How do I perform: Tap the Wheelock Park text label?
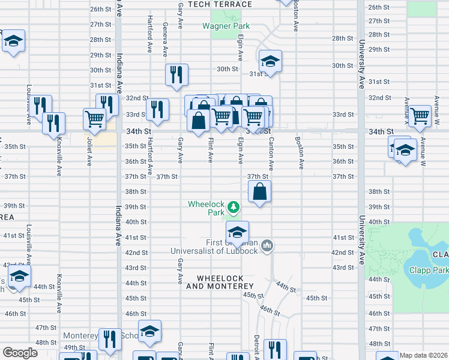pyautogui.click(x=206, y=208)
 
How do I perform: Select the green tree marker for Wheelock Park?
pyautogui.click(x=234, y=208)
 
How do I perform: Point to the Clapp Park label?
pyautogui.click(x=429, y=270)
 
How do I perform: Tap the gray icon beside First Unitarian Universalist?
pyautogui.click(x=268, y=245)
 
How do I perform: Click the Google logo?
pyautogui.click(x=19, y=353)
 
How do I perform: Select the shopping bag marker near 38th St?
pyautogui.click(x=259, y=193)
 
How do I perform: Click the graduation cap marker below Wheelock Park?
pyautogui.click(x=237, y=232)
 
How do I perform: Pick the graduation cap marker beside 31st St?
pyautogui.click(x=270, y=61)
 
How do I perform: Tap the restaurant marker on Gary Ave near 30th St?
pyautogui.click(x=176, y=75)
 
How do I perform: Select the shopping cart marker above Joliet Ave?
pyautogui.click(x=95, y=118)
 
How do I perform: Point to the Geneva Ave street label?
pyautogui.click(x=164, y=37)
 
